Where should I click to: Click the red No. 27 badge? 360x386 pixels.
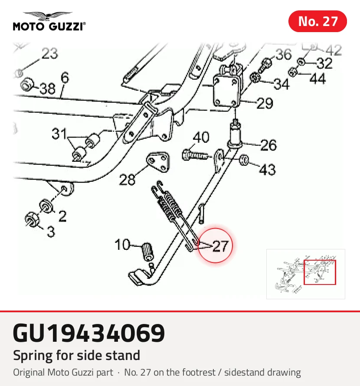pyautogui.click(x=317, y=21)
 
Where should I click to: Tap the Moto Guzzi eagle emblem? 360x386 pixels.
pyautogui.click(x=48, y=16)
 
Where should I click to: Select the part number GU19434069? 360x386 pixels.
pyautogui.click(x=89, y=333)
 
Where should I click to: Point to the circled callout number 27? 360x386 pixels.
pyautogui.click(x=220, y=246)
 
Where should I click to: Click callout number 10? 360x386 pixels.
pyautogui.click(x=122, y=245)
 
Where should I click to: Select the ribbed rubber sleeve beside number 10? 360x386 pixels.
pyautogui.click(x=148, y=252)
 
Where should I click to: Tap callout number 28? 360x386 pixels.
pyautogui.click(x=127, y=180)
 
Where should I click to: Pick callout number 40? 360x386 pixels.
pyautogui.click(x=201, y=137)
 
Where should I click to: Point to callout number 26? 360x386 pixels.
pyautogui.click(x=268, y=145)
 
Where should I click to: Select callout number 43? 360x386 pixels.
pyautogui.click(x=268, y=170)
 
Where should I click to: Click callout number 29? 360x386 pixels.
pyautogui.click(x=265, y=103)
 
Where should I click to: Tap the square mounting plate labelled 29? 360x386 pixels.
pyautogui.click(x=226, y=91)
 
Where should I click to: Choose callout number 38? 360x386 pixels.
pyautogui.click(x=47, y=88)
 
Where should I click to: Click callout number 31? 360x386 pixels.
pyautogui.click(x=59, y=134)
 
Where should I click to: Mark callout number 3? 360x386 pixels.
pyautogui.click(x=51, y=232)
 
